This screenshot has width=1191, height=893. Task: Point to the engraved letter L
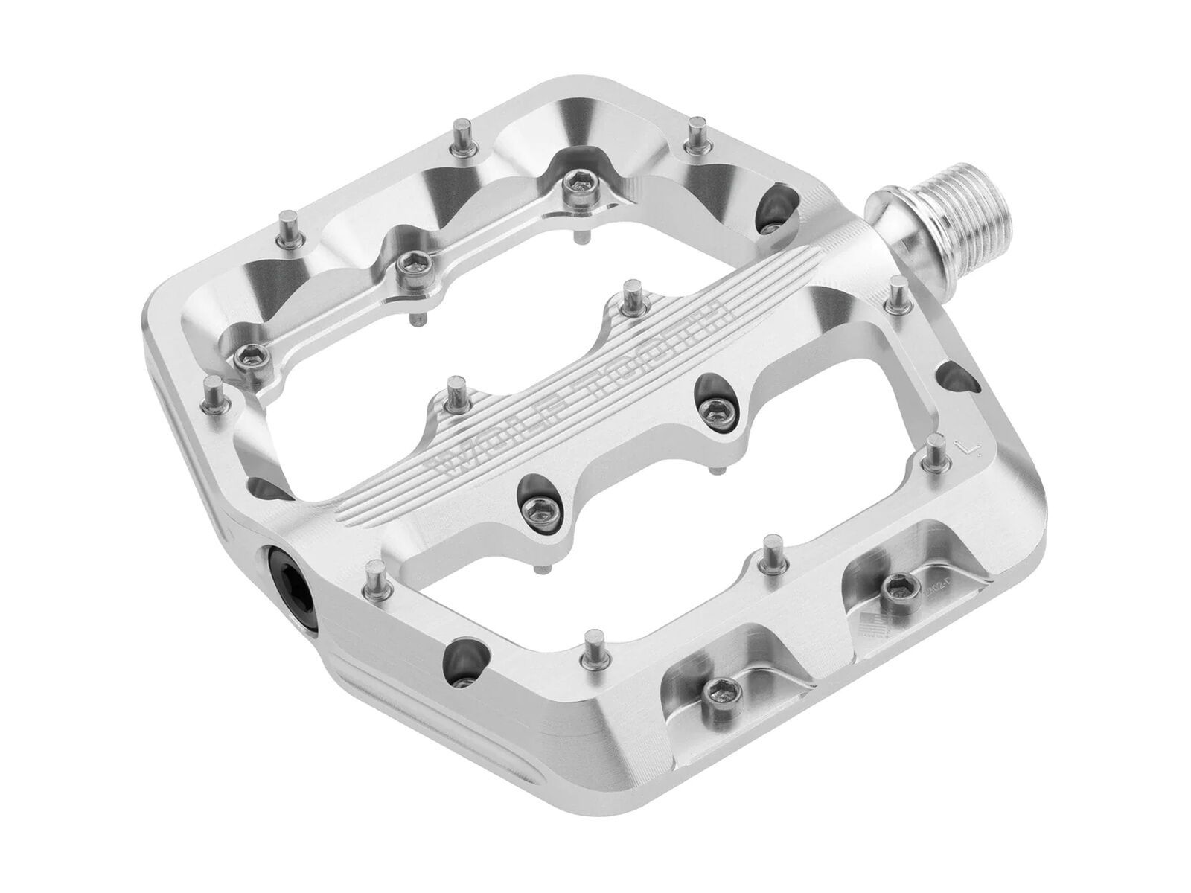tap(965, 449)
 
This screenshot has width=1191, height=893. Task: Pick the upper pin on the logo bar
tap(632, 292)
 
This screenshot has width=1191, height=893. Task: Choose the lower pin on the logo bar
tap(453, 392)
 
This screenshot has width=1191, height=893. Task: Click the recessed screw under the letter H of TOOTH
tap(715, 406)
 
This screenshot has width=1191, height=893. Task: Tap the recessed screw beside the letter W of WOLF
tap(534, 508)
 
